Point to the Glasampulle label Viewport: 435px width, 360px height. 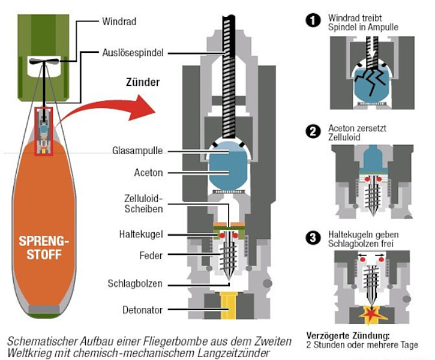point(137,151)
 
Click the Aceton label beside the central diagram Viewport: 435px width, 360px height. point(148,173)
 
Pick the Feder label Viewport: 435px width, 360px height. point(152,255)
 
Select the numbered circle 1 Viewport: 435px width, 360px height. point(313,22)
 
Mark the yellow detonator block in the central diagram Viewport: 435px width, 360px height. point(227,306)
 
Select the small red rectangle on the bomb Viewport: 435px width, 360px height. point(44,131)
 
